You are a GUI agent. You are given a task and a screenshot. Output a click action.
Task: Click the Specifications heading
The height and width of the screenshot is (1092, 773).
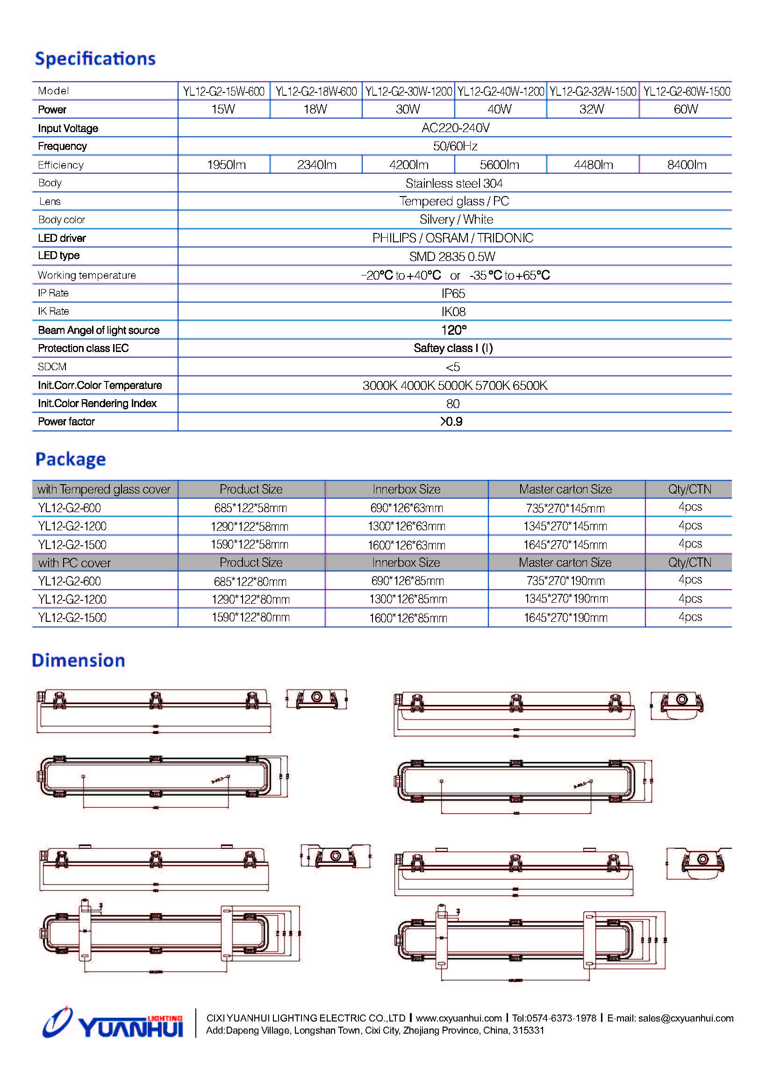[95, 58]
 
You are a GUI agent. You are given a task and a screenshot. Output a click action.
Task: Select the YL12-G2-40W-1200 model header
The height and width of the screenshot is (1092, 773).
[500, 92]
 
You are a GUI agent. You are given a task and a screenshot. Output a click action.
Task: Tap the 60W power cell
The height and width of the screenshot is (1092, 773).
[686, 109]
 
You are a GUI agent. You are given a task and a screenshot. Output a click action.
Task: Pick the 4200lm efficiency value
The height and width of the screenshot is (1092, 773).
[408, 165]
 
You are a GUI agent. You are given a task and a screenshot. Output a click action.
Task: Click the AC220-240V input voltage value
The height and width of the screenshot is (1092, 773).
[455, 128]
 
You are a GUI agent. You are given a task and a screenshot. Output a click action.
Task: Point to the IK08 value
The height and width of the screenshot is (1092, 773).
[453, 312]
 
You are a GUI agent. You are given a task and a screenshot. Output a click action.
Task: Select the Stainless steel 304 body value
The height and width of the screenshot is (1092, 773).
[454, 183]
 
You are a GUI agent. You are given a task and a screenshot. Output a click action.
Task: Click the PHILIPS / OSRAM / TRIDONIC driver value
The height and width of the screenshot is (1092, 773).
[453, 238]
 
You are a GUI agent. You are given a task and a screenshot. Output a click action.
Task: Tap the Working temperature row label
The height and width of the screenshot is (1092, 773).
[86, 275]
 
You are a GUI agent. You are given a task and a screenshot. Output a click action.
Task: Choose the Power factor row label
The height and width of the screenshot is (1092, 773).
[66, 422]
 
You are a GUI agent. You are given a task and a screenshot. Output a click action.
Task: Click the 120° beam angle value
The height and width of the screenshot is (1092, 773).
[454, 331]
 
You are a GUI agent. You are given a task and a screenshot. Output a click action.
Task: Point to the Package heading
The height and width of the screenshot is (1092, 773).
[71, 459]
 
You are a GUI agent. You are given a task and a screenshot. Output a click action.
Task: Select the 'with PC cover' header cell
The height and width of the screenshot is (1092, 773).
[74, 563]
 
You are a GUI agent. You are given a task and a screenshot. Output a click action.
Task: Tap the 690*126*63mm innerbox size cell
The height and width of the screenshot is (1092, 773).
[407, 508]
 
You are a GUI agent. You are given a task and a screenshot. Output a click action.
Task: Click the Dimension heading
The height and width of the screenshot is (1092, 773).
[79, 661]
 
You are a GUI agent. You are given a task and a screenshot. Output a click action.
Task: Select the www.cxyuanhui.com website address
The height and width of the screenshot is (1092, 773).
[459, 1018]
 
